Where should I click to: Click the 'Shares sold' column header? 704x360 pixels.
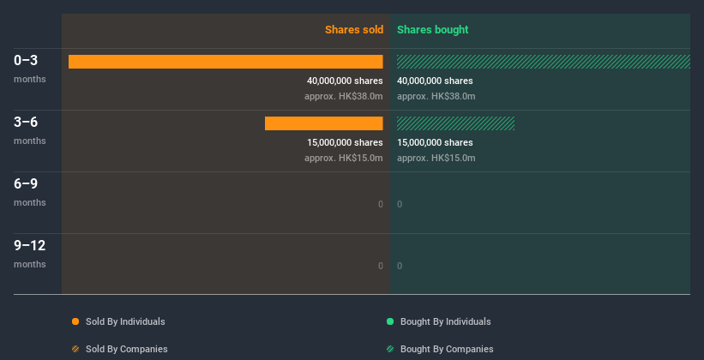(x=353, y=30)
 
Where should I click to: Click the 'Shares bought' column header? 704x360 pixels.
(x=432, y=30)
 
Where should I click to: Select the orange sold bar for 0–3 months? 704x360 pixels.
(x=226, y=62)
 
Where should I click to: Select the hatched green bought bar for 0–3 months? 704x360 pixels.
(x=543, y=62)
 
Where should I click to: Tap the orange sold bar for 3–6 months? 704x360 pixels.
(x=323, y=123)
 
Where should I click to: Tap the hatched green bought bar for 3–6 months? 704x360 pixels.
(x=455, y=123)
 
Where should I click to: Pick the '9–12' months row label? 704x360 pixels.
(x=30, y=246)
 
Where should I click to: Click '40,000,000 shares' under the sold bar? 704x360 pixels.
(x=345, y=81)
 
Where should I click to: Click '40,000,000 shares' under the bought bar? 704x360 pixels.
(x=435, y=81)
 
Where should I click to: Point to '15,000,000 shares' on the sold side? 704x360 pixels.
(x=345, y=142)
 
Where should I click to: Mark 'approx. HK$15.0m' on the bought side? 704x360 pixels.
(x=436, y=159)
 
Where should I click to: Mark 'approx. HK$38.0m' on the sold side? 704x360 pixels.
(x=343, y=97)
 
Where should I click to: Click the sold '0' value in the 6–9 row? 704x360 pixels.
(x=380, y=204)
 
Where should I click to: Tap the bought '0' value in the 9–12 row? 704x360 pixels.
(x=400, y=266)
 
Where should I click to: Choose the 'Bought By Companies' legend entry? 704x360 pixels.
(x=446, y=349)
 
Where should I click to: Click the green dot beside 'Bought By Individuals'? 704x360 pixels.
(x=390, y=321)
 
